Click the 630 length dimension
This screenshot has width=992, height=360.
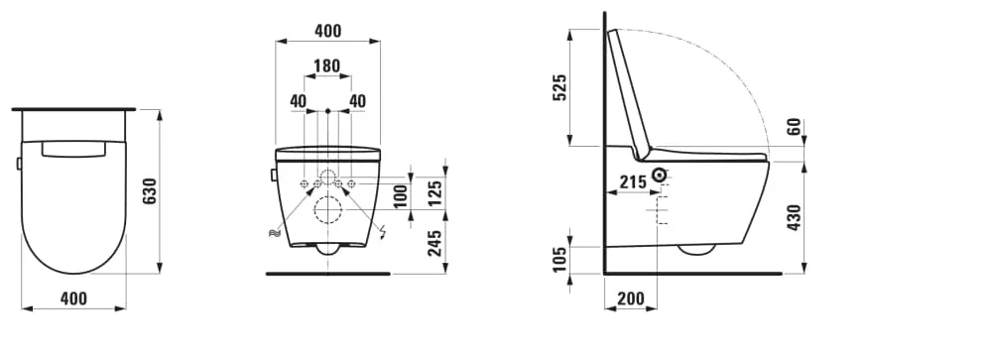pos(150,191)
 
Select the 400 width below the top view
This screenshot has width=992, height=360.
pos(74,298)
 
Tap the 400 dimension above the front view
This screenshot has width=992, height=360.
pos(327,31)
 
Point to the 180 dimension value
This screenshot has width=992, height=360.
pos(327,65)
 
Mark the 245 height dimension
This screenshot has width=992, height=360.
pos(435,243)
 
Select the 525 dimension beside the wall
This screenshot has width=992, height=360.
pos(559,87)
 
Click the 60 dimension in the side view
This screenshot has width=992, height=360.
pos(795,128)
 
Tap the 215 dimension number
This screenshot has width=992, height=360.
pos(633,182)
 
